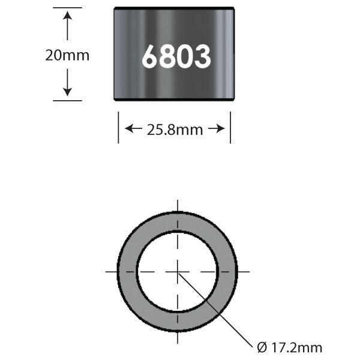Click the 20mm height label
(x=67, y=55)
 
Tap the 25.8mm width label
(x=175, y=129)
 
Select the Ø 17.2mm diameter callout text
(x=289, y=347)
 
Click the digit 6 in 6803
(x=150, y=57)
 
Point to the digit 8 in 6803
(x=167, y=57)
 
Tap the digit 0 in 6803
(x=185, y=57)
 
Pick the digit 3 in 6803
(x=202, y=57)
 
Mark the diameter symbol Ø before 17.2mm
(x=260, y=347)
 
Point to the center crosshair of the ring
(x=178, y=272)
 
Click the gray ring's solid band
(x=127, y=272)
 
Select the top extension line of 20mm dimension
(x=67, y=8)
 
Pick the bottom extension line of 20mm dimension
(x=67, y=100)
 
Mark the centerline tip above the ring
(x=178, y=203)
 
